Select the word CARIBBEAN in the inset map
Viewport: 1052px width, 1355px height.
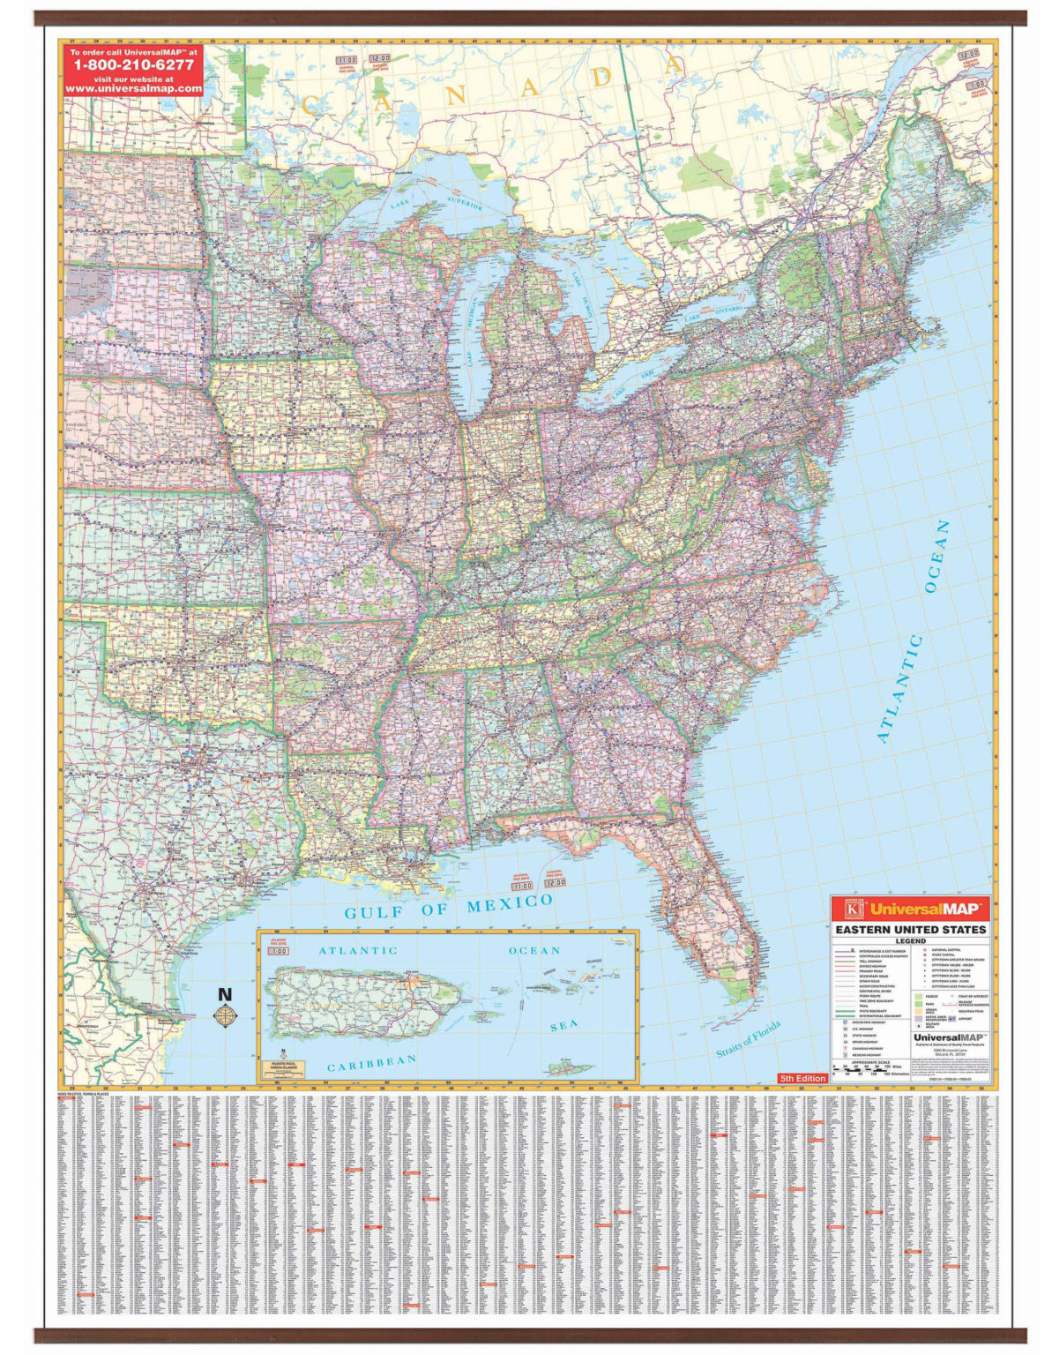pyautogui.click(x=372, y=1062)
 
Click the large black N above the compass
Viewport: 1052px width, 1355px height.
pyautogui.click(x=225, y=993)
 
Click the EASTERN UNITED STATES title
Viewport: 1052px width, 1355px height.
pyautogui.click(x=911, y=930)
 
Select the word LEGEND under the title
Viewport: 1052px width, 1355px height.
pyautogui.click(x=911, y=941)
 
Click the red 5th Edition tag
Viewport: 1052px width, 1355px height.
pyautogui.click(x=802, y=1078)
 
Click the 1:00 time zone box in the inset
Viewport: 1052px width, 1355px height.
pyautogui.click(x=279, y=952)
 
